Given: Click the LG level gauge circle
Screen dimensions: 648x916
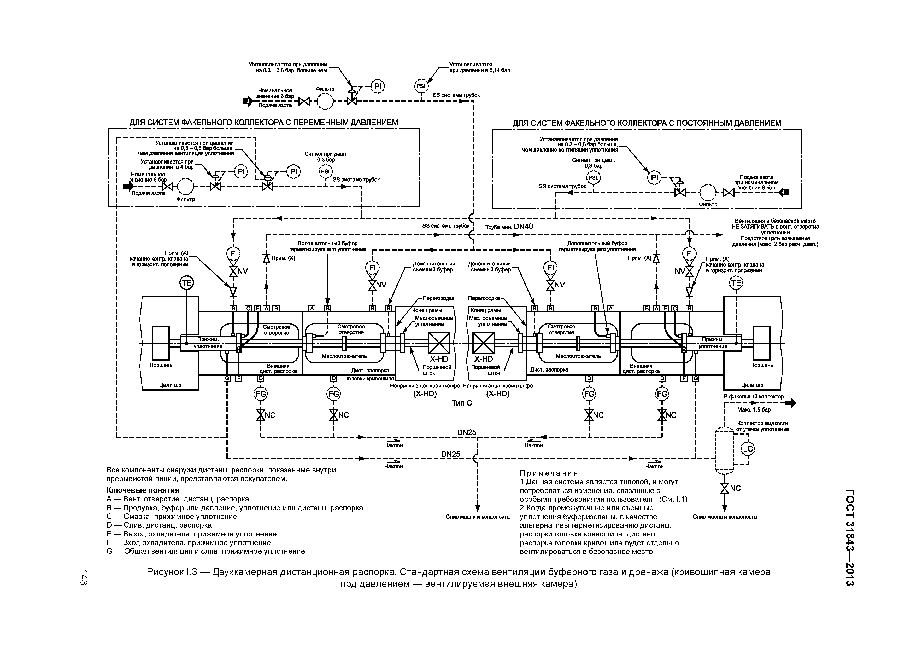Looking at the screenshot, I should click(748, 449).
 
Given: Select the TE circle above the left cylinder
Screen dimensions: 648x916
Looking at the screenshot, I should click(186, 283).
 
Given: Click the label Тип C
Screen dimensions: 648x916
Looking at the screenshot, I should click(462, 403).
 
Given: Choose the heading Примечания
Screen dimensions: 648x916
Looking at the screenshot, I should click(549, 473).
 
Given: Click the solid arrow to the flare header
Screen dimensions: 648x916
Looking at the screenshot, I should click(790, 403).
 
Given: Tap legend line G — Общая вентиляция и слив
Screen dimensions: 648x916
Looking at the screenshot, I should click(205, 551).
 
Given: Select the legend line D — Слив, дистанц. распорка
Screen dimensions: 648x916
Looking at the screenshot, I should click(159, 525).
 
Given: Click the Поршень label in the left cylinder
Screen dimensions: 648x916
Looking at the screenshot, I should click(161, 365).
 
